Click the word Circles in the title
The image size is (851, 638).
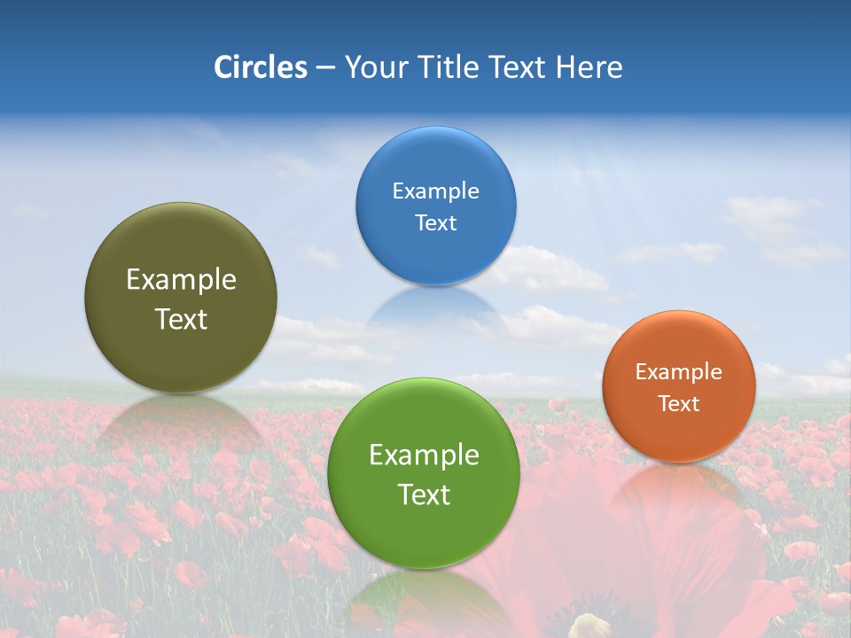(260, 67)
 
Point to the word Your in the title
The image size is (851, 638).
(373, 67)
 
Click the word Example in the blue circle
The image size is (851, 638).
(435, 191)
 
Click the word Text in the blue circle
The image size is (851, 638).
(435, 223)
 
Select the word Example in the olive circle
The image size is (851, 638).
(181, 280)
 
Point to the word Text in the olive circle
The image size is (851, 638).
(181, 320)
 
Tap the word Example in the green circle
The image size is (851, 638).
(424, 455)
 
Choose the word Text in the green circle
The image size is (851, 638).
(424, 495)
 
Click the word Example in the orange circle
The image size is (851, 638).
(678, 372)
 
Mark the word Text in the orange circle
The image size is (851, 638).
(678, 404)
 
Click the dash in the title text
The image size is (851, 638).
(325, 68)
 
